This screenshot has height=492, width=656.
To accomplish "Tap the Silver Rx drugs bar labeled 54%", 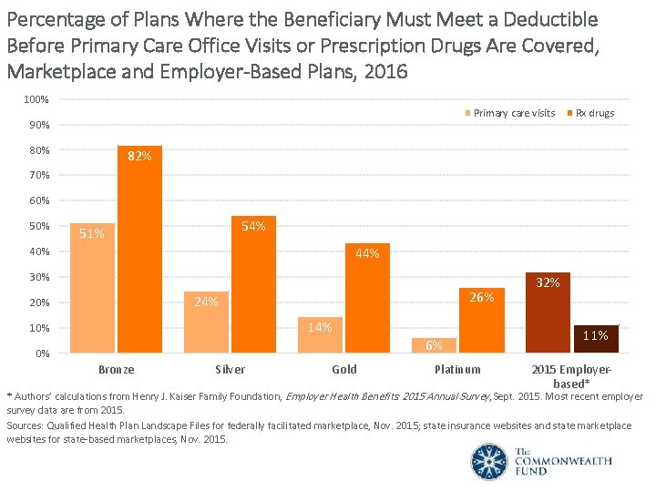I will point(253,284).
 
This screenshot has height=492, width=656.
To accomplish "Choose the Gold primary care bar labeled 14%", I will point(321,334).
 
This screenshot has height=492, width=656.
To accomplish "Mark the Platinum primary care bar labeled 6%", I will point(435,345).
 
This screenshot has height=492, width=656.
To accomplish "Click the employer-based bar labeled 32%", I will point(548,312).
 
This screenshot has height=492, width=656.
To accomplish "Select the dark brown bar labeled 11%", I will point(596,338).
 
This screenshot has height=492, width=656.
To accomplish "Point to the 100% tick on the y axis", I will point(36,98).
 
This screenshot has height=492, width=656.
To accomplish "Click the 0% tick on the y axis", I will point(42,354).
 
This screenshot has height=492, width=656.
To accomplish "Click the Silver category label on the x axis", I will point(230,369).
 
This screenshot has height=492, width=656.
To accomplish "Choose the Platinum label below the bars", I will point(457,369).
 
